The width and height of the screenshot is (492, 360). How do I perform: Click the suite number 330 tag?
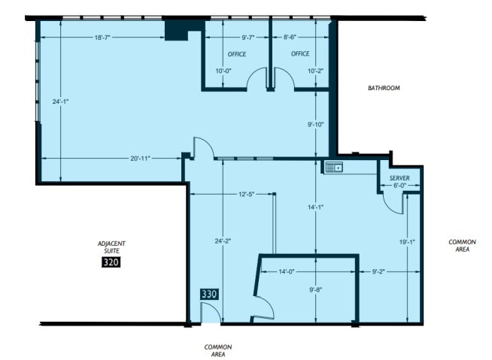point(209,294)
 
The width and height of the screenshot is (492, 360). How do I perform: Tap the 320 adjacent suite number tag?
point(111,262)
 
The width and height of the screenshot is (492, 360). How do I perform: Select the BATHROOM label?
point(384,88)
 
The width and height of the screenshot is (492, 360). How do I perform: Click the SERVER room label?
point(399,178)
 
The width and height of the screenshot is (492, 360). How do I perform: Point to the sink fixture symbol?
point(334,168)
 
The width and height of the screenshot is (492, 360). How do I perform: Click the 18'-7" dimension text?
point(102,38)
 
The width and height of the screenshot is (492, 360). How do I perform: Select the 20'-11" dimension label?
point(140,159)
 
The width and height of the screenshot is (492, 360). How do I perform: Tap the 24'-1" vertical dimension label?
point(60,101)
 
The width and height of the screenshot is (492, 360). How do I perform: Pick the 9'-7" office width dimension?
point(248,38)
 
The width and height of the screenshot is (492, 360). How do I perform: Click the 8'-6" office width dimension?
point(290,38)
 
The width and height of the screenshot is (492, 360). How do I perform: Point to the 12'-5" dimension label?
point(246,195)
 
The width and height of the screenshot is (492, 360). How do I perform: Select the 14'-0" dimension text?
point(287,271)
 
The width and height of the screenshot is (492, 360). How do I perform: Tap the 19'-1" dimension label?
point(407,242)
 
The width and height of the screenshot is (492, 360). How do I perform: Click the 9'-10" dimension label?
point(316,125)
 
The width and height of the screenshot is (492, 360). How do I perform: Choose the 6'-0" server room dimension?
point(399,186)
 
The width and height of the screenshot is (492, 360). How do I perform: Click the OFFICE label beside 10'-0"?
point(237,54)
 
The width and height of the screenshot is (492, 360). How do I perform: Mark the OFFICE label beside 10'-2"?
point(300,54)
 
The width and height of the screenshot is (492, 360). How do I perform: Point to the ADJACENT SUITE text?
point(111,247)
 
